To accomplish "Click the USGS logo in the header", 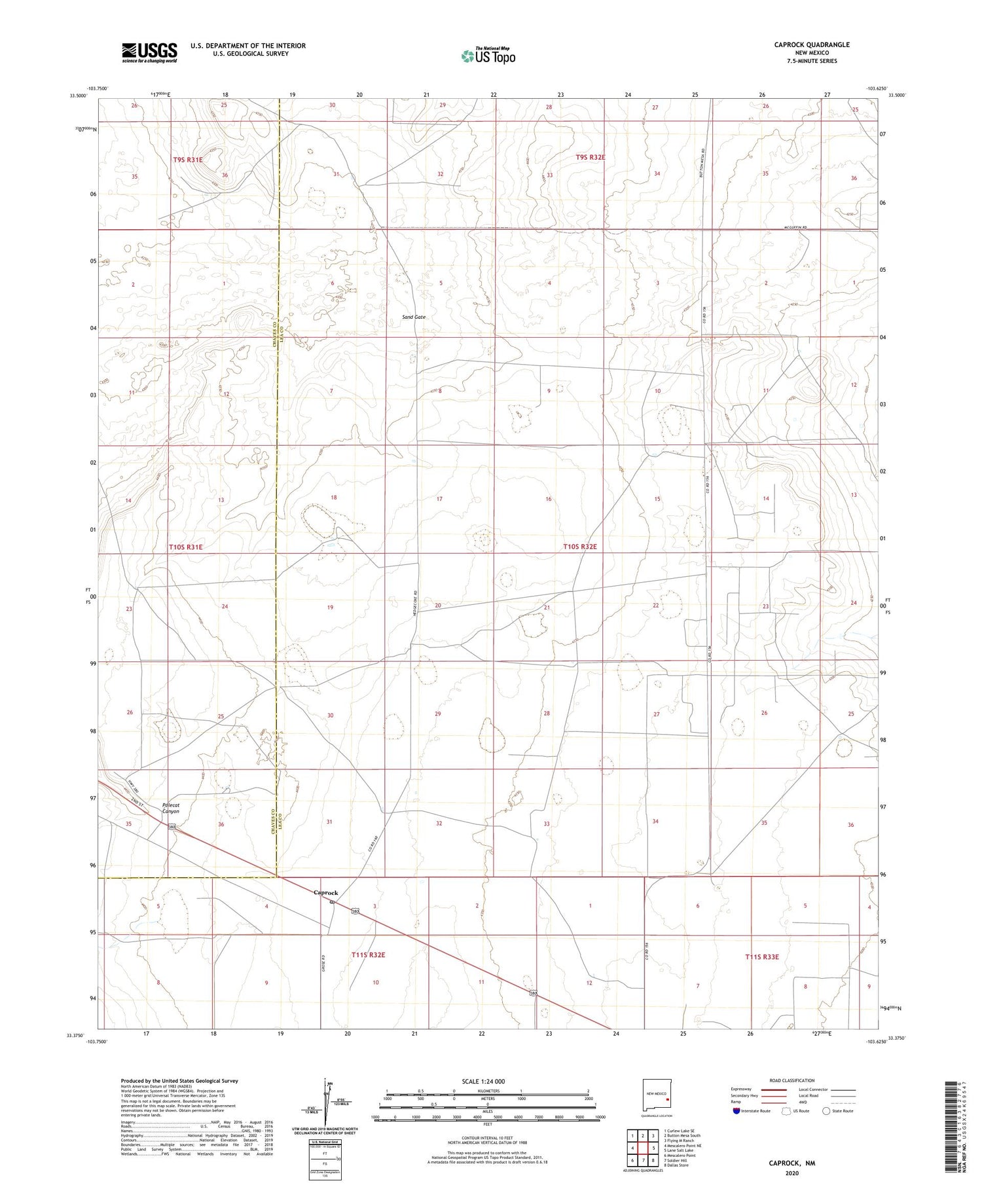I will pyautogui.click(x=149, y=52).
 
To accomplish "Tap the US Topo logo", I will pyautogui.click(x=488, y=56).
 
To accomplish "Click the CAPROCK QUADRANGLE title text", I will pyautogui.click(x=812, y=45).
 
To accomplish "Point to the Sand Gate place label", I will pyautogui.click(x=414, y=317).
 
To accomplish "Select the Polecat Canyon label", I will pyautogui.click(x=171, y=808).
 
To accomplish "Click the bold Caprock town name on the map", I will pyautogui.click(x=326, y=892).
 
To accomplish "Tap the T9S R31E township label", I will pyautogui.click(x=188, y=160).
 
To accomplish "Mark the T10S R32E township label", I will pyautogui.click(x=580, y=546).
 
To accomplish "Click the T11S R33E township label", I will pyautogui.click(x=762, y=957).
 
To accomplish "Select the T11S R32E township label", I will pyautogui.click(x=368, y=955).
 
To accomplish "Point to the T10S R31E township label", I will pyautogui.click(x=186, y=547).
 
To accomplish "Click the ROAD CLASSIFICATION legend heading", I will pyautogui.click(x=792, y=1080).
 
